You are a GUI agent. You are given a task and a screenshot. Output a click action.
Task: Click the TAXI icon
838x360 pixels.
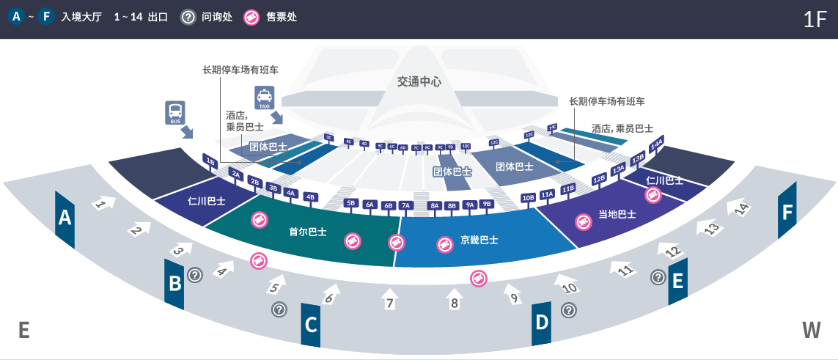tap(264, 98)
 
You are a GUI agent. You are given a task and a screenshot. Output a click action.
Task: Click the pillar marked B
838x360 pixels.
tap(174, 282)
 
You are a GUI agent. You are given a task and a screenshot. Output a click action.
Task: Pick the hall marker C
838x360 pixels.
tap(311, 323)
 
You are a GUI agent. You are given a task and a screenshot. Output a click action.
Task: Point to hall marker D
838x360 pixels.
tap(541, 322)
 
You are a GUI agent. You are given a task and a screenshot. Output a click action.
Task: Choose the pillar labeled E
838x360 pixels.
tap(677, 280)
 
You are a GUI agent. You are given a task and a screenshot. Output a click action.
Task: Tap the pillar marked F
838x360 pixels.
tap(787, 212)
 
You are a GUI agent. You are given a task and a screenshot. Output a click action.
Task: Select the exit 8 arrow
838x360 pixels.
tap(455, 298)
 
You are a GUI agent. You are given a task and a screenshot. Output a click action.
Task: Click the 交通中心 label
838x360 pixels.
tap(419, 82)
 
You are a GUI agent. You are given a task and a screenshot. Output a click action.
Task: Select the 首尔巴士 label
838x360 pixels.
tap(308, 232)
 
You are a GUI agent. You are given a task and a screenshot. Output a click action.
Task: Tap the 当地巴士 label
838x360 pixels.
tap(617, 215)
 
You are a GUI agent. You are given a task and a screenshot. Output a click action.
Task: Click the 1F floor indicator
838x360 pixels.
tap(815, 19)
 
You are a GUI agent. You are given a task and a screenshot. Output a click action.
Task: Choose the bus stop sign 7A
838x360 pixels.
tap(406, 205)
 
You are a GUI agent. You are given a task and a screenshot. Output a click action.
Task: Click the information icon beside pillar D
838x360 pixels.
tap(568, 310)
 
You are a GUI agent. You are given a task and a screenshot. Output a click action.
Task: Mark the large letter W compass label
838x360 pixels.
tap(811, 330)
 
